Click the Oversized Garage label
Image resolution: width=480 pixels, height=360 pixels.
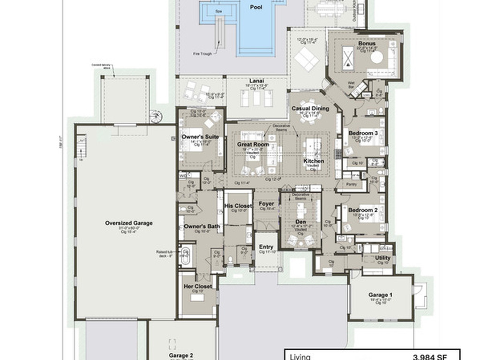129,223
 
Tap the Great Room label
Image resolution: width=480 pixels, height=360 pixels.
253,144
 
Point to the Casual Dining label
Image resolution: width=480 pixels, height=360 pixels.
310,108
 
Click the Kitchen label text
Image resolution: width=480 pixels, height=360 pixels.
314,161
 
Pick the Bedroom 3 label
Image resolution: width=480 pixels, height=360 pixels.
363,133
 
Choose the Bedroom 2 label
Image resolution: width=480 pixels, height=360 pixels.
363,210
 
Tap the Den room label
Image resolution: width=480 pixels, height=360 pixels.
300,222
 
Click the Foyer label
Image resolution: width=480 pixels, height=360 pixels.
266,204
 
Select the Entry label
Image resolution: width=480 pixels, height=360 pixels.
266,247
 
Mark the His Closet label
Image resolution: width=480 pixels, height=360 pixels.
238,206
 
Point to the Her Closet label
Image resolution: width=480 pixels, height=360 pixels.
198,286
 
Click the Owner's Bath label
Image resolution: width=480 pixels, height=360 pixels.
202,226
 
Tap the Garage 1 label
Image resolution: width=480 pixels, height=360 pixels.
380,295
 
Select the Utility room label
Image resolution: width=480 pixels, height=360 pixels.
383,258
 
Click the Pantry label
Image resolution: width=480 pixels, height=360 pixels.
351,184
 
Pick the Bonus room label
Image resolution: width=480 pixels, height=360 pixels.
367,44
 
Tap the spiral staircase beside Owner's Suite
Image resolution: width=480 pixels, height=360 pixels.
156,116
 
